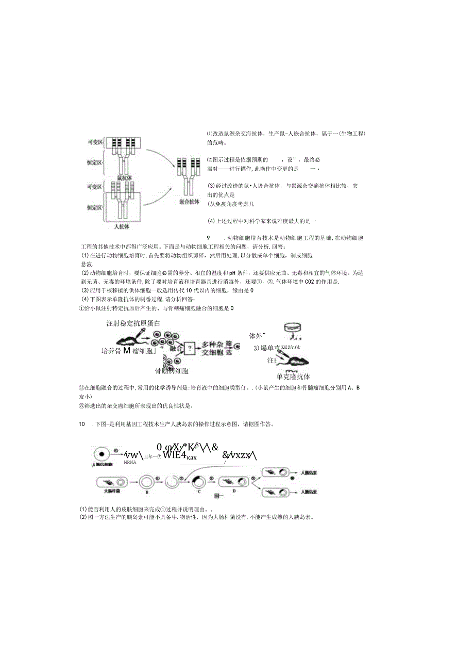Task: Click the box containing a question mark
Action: (190, 348)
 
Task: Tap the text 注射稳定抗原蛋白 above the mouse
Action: (133, 323)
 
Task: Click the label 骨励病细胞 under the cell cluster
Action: (172, 371)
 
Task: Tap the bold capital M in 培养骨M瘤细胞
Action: (126, 351)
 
